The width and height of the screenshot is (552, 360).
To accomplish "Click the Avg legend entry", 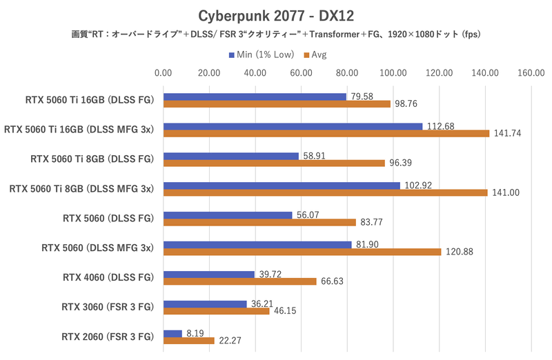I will click(x=317, y=54).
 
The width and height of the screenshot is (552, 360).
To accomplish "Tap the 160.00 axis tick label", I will click(x=531, y=73).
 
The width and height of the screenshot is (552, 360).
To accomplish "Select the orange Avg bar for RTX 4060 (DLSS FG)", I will click(x=239, y=281).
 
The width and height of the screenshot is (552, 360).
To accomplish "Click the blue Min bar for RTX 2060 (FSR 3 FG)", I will click(x=172, y=333).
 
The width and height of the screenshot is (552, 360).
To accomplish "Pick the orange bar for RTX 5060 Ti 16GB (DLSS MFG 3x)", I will click(x=326, y=133).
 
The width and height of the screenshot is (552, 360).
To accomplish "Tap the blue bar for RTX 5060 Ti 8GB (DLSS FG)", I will click(x=231, y=156).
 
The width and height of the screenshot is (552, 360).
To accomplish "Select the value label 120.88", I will click(x=459, y=252).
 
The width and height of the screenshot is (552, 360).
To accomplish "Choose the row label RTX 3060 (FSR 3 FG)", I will click(x=108, y=307).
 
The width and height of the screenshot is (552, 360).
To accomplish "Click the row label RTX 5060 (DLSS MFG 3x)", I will click(x=98, y=248).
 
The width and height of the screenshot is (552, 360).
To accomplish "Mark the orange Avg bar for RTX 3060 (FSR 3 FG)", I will click(x=216, y=311).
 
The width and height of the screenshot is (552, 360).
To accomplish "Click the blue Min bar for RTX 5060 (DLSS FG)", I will click(x=228, y=215).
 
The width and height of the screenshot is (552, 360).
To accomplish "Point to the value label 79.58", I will click(x=362, y=97).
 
